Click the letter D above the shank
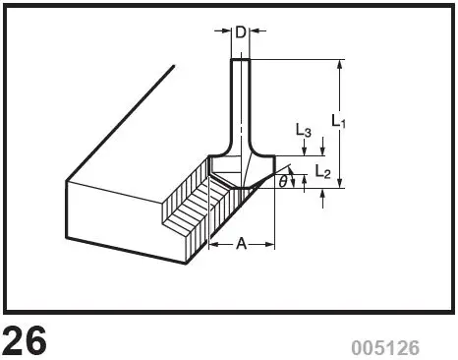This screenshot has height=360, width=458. click(x=241, y=33)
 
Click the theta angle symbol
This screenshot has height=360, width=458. click(x=283, y=181)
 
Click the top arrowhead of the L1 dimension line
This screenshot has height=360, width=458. click(x=339, y=65)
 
